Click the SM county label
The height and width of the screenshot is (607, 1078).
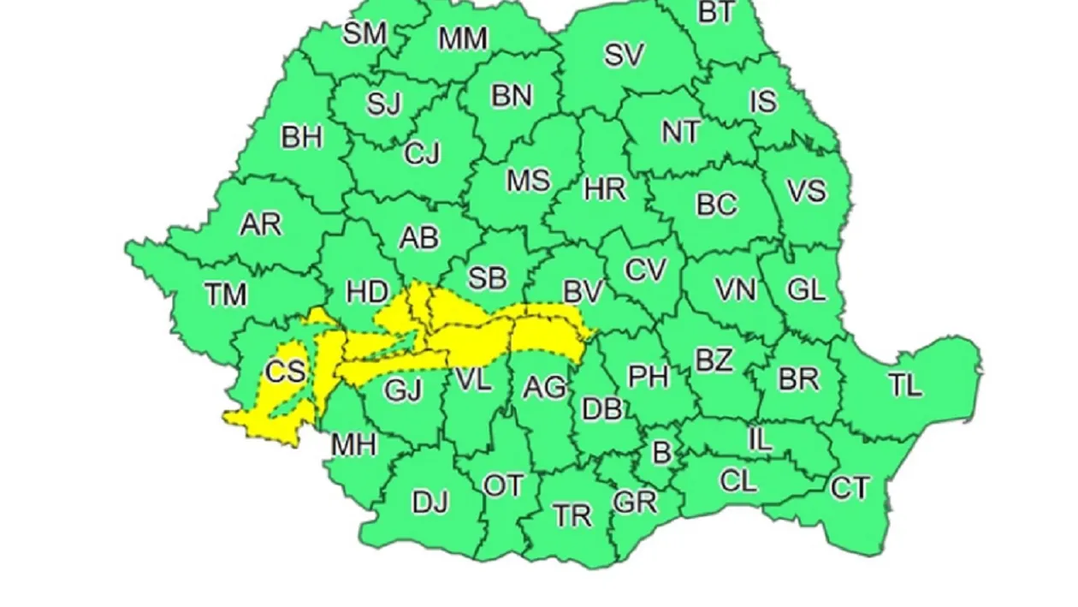[x=364, y=33]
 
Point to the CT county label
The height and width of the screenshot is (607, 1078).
[x=850, y=488]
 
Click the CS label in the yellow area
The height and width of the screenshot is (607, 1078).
[x=285, y=371]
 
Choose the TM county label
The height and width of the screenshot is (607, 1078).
[x=226, y=295]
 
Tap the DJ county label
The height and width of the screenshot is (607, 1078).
[x=430, y=502]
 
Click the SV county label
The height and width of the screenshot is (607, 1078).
[x=624, y=56]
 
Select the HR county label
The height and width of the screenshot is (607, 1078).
[x=605, y=188]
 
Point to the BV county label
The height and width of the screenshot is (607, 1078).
[x=583, y=292]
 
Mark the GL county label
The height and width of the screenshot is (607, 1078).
[x=806, y=290]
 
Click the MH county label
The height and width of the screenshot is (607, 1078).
[x=354, y=445]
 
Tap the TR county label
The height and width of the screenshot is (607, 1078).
[x=572, y=515]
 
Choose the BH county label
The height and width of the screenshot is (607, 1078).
[x=302, y=137]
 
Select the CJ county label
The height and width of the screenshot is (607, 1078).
[x=422, y=154]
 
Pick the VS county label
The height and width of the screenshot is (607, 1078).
[x=806, y=191]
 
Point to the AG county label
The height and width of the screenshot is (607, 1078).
[x=545, y=388]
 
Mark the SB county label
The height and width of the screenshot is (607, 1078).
[x=487, y=278]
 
